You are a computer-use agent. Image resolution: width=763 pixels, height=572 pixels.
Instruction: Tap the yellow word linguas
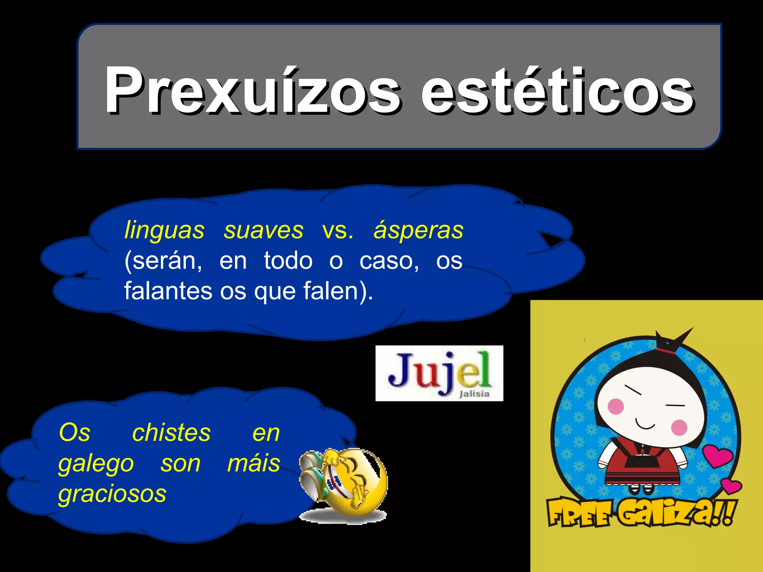coord(164,230)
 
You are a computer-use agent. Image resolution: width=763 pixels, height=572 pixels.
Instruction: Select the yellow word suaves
coord(263,230)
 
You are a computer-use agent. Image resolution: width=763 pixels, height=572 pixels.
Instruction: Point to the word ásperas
coord(418,230)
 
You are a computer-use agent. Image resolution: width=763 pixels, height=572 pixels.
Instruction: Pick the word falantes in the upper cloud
coord(168,290)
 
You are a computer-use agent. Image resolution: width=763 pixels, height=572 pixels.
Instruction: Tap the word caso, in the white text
coord(389,261)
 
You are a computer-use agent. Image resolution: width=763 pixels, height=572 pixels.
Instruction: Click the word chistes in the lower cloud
coord(171,433)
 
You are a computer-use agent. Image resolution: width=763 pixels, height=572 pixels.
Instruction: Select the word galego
coord(96,464)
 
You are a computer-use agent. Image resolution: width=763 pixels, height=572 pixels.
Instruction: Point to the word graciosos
coord(112,494)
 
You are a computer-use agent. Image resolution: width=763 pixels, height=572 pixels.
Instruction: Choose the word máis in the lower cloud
coord(254,463)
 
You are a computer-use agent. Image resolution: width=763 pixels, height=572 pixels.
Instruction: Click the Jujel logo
coord(439,373)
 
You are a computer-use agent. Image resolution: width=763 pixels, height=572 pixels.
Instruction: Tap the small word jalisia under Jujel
coord(474,394)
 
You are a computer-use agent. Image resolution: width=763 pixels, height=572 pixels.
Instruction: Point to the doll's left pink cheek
coord(615,406)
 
